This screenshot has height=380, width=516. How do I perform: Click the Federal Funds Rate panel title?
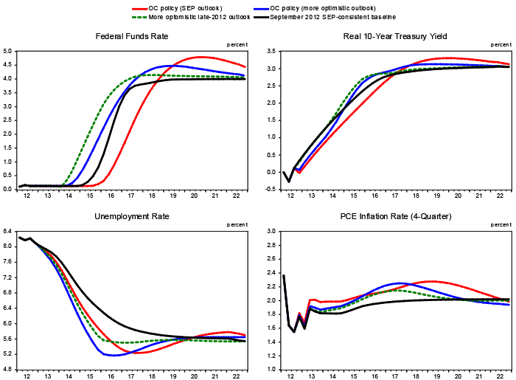point(133,36)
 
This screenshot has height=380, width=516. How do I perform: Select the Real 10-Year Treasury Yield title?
point(394,36)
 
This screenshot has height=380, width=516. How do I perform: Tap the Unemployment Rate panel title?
point(133,216)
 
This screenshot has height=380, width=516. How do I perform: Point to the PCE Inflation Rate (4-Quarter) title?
point(394,216)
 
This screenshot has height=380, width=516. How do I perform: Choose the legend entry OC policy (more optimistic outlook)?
point(329,7)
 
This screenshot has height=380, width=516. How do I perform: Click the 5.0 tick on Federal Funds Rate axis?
point(7,51)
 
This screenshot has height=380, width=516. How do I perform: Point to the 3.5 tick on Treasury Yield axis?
point(271,51)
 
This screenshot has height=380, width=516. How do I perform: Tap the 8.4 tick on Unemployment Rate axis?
point(7,232)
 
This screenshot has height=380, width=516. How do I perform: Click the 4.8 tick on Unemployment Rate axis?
point(7,369)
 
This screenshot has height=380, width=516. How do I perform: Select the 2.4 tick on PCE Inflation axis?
point(271,300)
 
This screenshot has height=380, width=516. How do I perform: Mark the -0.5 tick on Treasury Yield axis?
point(270,189)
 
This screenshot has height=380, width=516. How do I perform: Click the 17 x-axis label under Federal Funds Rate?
point(130,195)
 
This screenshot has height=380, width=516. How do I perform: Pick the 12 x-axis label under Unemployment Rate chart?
point(27,376)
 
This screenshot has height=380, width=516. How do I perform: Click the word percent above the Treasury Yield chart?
point(498,44)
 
